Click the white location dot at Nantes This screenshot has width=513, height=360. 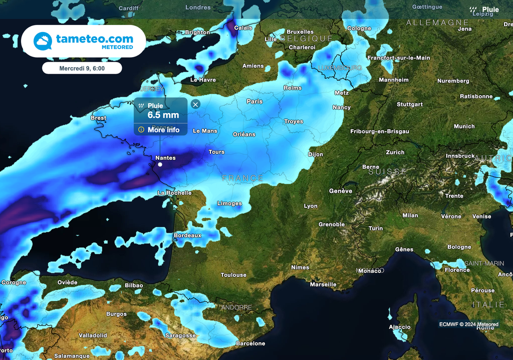point(160,164)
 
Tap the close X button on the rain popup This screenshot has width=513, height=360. point(195,104)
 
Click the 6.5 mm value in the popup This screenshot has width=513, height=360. point(163,115)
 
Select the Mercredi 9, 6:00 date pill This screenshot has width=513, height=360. point(82,68)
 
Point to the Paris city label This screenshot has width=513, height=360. point(254,101)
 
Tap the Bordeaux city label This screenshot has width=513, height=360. point(187,235)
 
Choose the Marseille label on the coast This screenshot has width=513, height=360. point(323,284)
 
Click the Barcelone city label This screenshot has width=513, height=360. point(250,343)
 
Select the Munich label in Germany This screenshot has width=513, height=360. point(464,126)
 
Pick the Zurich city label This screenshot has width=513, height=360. point(395,152)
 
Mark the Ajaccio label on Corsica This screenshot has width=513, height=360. point(400,327)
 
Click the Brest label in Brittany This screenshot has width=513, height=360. point(98,118)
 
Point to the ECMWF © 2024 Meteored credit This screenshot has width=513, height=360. point(469,324)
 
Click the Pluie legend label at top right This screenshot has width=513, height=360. point(490,10)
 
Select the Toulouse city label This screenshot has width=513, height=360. point(233,275)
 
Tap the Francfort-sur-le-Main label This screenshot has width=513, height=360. point(399,58)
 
